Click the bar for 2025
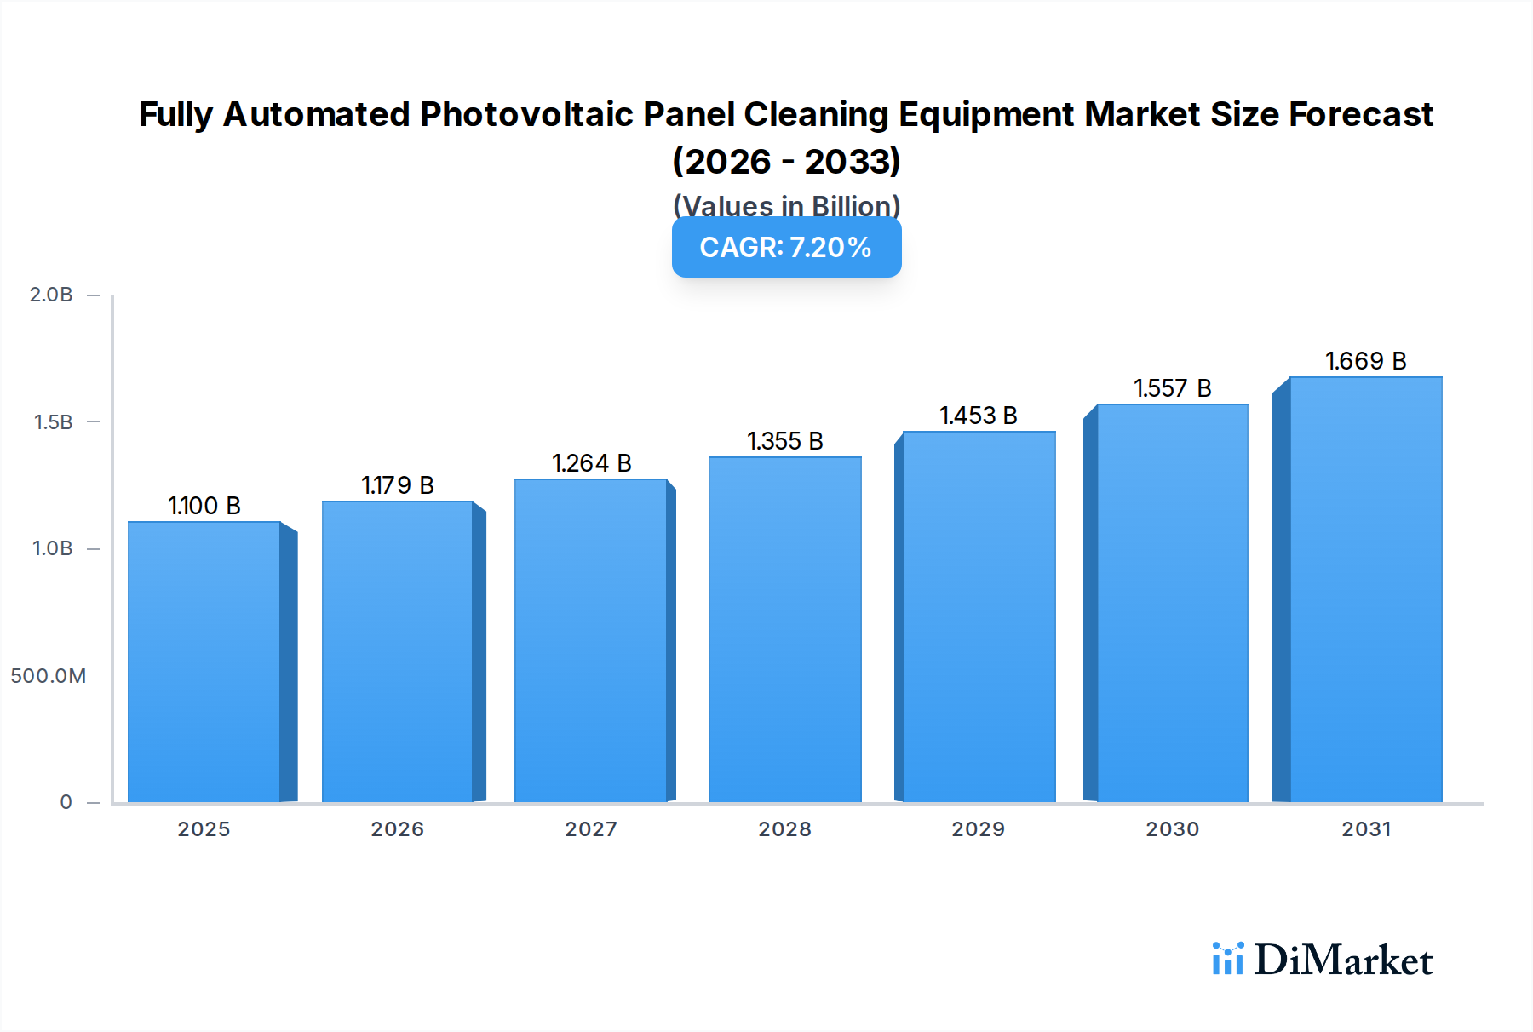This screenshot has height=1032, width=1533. click(204, 662)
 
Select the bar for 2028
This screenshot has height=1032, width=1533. click(784, 629)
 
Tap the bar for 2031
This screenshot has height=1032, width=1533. click(1365, 589)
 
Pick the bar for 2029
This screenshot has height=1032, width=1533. click(979, 616)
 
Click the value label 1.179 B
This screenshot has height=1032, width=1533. click(398, 485)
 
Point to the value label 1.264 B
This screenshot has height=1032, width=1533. click(592, 463)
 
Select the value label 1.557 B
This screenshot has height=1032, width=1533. click(1172, 388)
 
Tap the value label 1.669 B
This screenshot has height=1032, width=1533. click(1365, 361)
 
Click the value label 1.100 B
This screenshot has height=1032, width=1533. click(204, 506)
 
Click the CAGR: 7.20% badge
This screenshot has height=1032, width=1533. click(786, 247)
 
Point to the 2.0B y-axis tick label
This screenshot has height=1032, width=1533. click(51, 295)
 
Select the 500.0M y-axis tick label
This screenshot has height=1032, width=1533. click(49, 676)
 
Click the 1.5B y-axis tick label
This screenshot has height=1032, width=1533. click(53, 422)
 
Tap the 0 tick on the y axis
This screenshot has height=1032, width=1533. click(66, 802)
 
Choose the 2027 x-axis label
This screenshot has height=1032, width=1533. click(591, 829)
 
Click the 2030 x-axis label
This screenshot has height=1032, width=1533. click(1172, 829)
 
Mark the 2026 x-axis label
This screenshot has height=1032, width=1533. click(397, 829)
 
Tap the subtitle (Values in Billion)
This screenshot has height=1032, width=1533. click(786, 205)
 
